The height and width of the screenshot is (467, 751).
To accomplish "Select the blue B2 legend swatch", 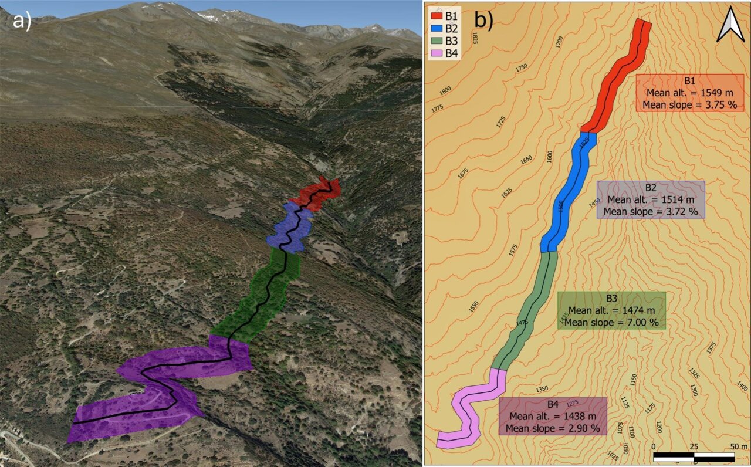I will coord(437,28).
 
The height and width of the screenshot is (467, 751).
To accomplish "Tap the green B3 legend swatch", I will coord(437,40).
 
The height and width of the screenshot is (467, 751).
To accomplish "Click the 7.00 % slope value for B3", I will coord(641,323).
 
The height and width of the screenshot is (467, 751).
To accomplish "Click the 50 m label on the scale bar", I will coord(738,446).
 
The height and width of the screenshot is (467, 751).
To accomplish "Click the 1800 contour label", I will coord(445,90).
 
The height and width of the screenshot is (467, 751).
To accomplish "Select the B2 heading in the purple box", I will coord(651,188).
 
